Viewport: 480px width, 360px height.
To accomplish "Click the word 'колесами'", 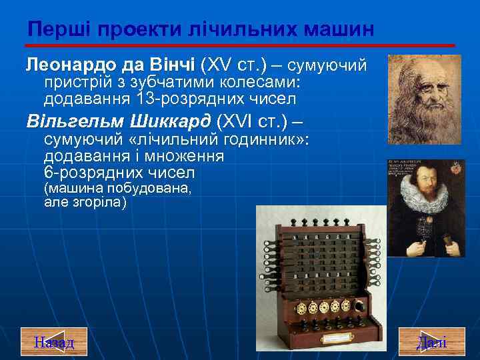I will click(x=249, y=83).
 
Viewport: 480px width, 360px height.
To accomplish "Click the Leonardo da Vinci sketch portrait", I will click(x=424, y=99).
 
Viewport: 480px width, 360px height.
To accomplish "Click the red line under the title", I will click(x=240, y=45).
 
